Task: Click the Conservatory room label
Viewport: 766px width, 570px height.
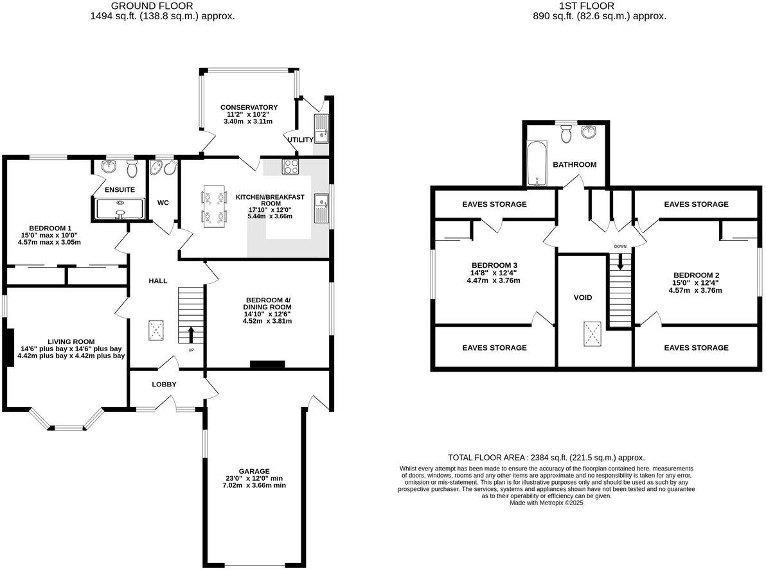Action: (x=249, y=107)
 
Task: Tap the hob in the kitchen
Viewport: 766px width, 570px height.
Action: (x=290, y=166)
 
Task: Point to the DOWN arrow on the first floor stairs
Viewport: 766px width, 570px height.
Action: (x=620, y=261)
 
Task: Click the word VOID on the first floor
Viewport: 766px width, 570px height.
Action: (x=582, y=297)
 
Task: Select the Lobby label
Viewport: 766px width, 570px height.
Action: (x=164, y=384)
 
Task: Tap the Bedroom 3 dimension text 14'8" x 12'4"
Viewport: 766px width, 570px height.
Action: (x=494, y=273)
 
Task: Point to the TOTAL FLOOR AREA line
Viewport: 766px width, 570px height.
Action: (x=546, y=458)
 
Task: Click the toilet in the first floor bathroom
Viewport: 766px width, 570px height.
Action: (x=566, y=133)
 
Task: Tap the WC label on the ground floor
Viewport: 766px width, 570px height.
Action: (x=163, y=203)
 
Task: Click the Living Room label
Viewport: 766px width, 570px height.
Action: (x=71, y=341)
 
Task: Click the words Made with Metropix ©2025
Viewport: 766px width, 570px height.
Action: (x=546, y=503)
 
